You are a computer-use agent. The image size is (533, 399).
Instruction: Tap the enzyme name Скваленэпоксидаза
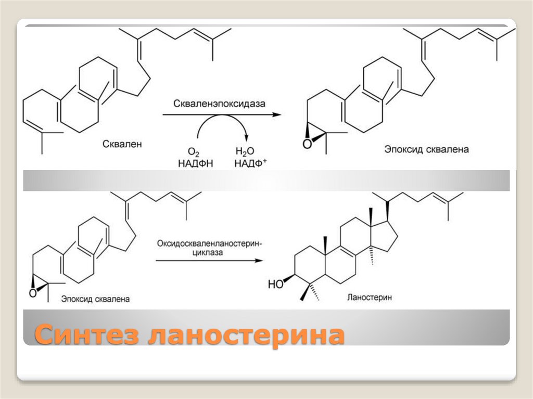click(x=221, y=104)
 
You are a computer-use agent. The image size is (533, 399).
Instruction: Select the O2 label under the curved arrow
click(x=194, y=152)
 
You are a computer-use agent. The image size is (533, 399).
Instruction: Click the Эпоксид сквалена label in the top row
click(x=427, y=150)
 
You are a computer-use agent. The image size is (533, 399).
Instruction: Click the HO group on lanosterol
click(x=275, y=284)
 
